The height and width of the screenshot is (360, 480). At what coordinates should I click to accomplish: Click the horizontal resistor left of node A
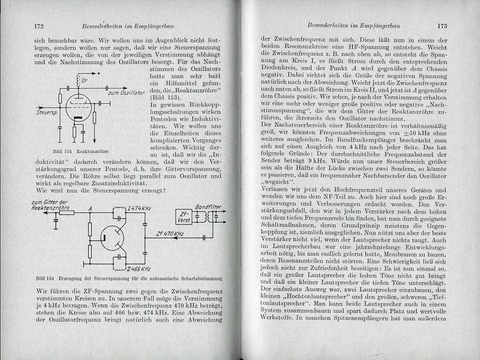tap(68, 213)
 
